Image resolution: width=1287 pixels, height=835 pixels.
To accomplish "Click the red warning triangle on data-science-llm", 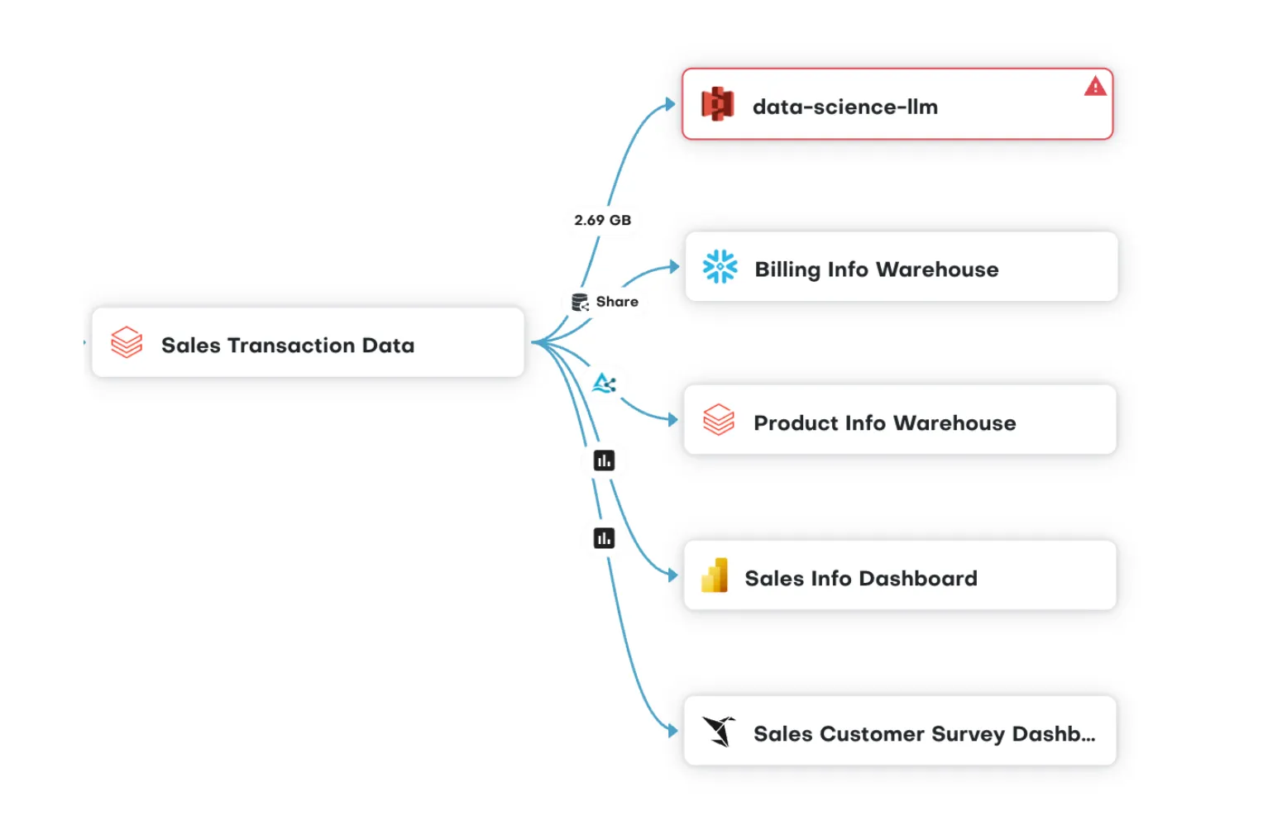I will coord(1095,86).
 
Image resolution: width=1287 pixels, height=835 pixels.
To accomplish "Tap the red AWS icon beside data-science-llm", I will coord(717,105).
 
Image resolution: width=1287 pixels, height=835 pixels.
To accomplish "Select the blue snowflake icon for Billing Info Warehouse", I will coord(720,267).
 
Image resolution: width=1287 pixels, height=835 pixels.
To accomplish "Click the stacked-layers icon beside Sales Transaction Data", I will coord(127,342).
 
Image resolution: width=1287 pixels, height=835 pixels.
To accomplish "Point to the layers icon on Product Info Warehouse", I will coord(719,420).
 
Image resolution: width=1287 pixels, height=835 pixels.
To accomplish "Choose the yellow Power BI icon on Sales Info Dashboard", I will coord(715,575).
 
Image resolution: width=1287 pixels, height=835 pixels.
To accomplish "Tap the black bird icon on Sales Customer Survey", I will coord(719,731).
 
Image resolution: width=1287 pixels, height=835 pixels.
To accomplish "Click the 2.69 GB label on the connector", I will coord(602,220).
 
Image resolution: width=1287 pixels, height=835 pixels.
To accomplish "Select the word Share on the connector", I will coord(617,302).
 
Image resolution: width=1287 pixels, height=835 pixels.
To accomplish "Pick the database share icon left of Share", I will coord(581,302).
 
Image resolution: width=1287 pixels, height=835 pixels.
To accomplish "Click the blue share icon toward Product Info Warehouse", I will coord(605,384).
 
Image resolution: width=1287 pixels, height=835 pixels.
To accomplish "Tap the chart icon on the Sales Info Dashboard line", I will coord(604,460).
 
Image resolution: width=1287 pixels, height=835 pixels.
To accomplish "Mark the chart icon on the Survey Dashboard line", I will coord(604,538).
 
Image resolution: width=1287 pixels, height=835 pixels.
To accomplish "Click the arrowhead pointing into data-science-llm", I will coord(670,104).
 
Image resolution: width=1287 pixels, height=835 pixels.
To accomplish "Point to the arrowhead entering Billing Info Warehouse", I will coord(674,266).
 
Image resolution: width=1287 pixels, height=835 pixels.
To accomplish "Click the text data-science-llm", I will coord(844,107).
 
